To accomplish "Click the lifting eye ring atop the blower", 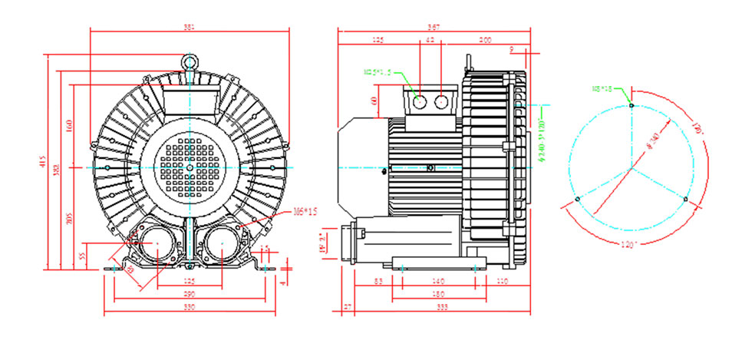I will (x=190, y=60).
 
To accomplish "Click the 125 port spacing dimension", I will (x=190, y=282).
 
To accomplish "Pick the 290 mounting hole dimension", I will (x=190, y=295).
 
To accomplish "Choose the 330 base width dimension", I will (x=190, y=308).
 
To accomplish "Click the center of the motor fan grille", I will (x=190, y=167).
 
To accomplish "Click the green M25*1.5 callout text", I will (x=378, y=72).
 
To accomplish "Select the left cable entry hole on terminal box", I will (x=420, y=102).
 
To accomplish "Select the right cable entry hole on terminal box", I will (x=442, y=102).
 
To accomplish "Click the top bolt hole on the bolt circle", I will (x=631, y=104).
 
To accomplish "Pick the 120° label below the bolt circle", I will (x=631, y=244).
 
